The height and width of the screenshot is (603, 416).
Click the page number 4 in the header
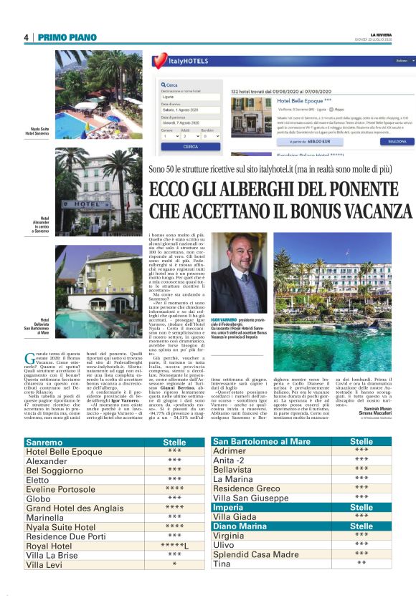click(x=26, y=37)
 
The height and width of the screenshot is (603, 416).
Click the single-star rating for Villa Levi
click(x=174, y=565)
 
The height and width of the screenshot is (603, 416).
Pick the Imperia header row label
click(x=230, y=506)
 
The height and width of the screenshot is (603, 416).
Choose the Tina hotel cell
click(x=223, y=564)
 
